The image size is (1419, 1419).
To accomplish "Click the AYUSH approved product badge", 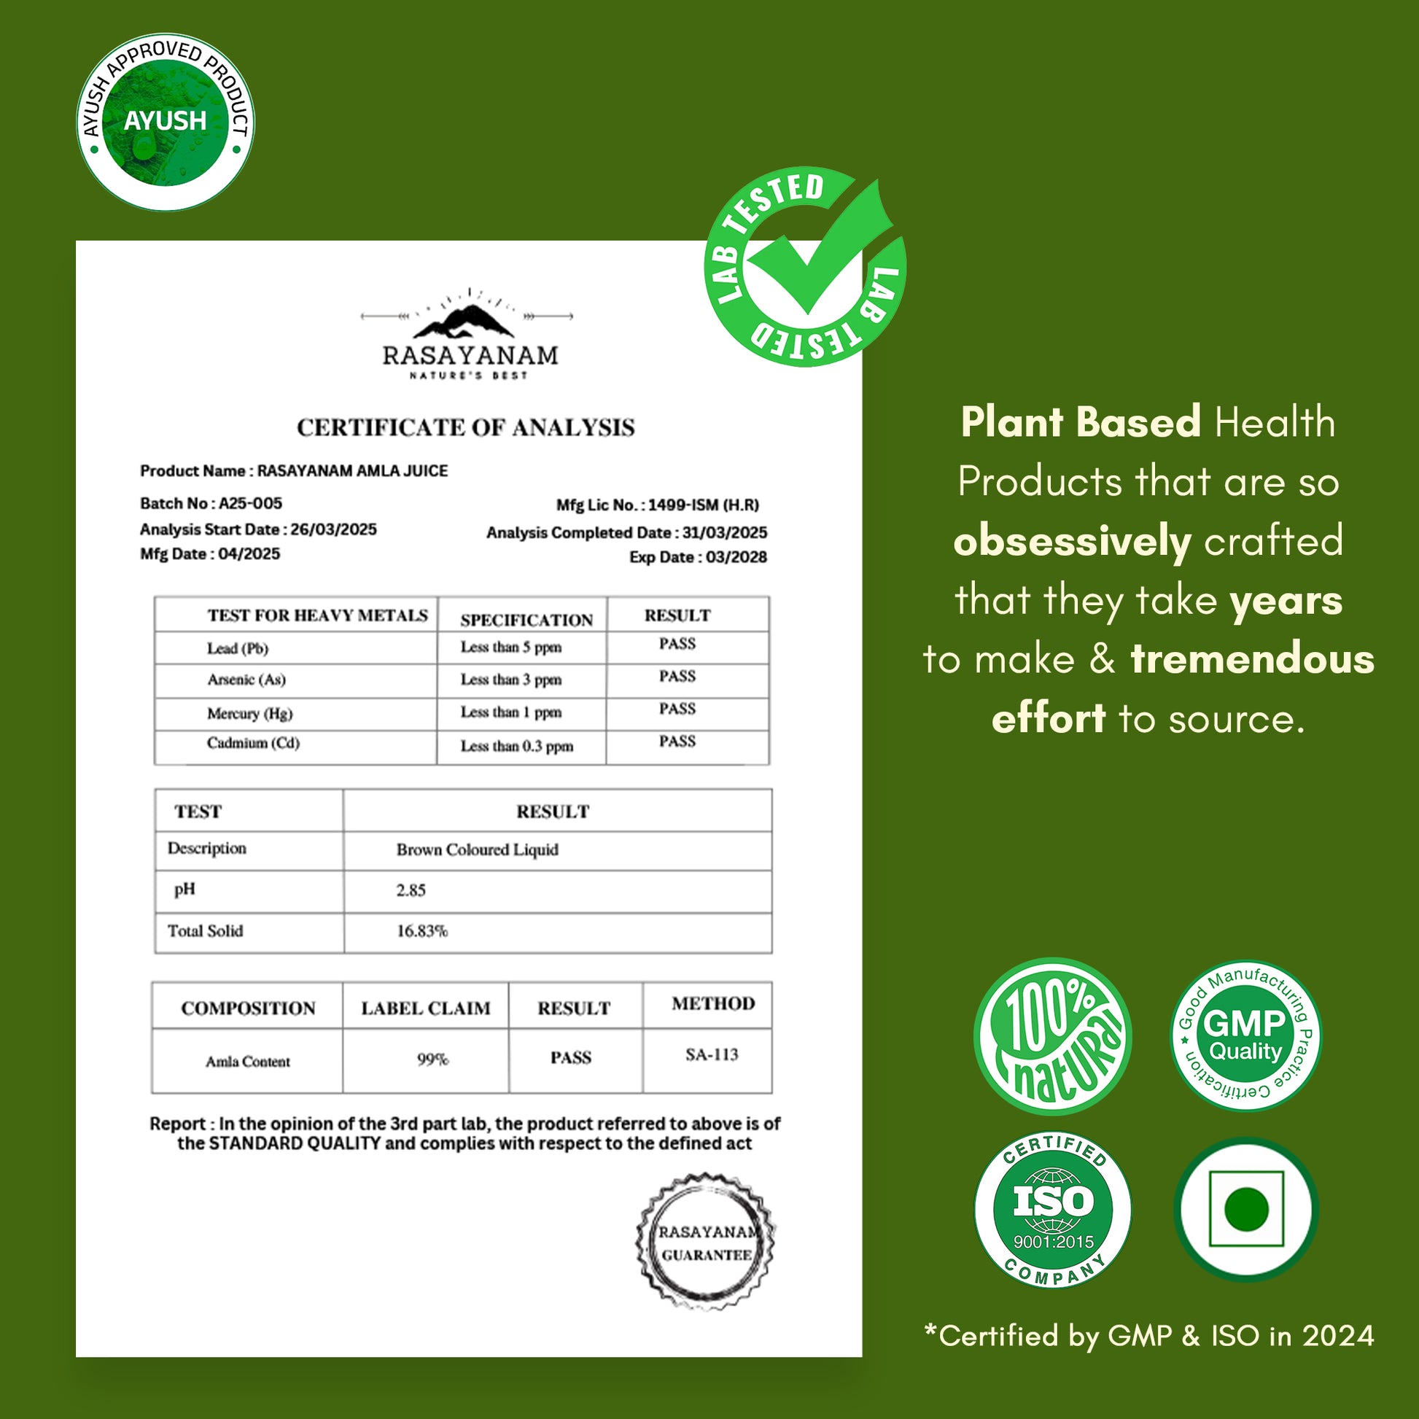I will pos(166,121).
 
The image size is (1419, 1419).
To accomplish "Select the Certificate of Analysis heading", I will pos(466,427).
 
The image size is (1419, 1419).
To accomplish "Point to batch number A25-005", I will pos(249,503).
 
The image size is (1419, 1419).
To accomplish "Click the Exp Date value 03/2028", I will pos(736,557).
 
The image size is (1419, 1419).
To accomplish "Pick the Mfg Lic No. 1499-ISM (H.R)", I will pos(703,505).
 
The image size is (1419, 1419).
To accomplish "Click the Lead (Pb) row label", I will pos(237,648).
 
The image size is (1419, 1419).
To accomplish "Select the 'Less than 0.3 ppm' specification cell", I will pos(517,746).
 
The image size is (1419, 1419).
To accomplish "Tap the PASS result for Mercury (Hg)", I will pos(677,709).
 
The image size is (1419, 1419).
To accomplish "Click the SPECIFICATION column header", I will pos(526,620).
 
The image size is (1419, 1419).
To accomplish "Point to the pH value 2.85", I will pos(411,890).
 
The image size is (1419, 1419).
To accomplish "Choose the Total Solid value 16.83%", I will pos(421,931).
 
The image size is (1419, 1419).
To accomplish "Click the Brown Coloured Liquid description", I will pos(478,850).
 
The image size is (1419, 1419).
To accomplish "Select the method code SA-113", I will pos(711,1054).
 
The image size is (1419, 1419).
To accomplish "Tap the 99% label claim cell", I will pos(432,1059).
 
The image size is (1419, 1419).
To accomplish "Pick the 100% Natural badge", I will pos(1051,1038).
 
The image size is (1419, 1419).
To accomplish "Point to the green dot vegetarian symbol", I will pos(1246,1209).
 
